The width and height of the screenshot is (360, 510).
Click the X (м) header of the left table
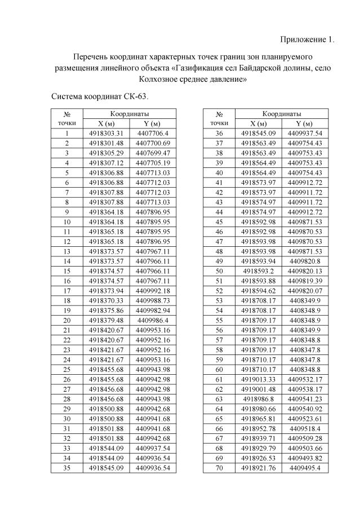tap(106, 123)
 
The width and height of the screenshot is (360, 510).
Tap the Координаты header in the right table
tap(281, 114)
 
